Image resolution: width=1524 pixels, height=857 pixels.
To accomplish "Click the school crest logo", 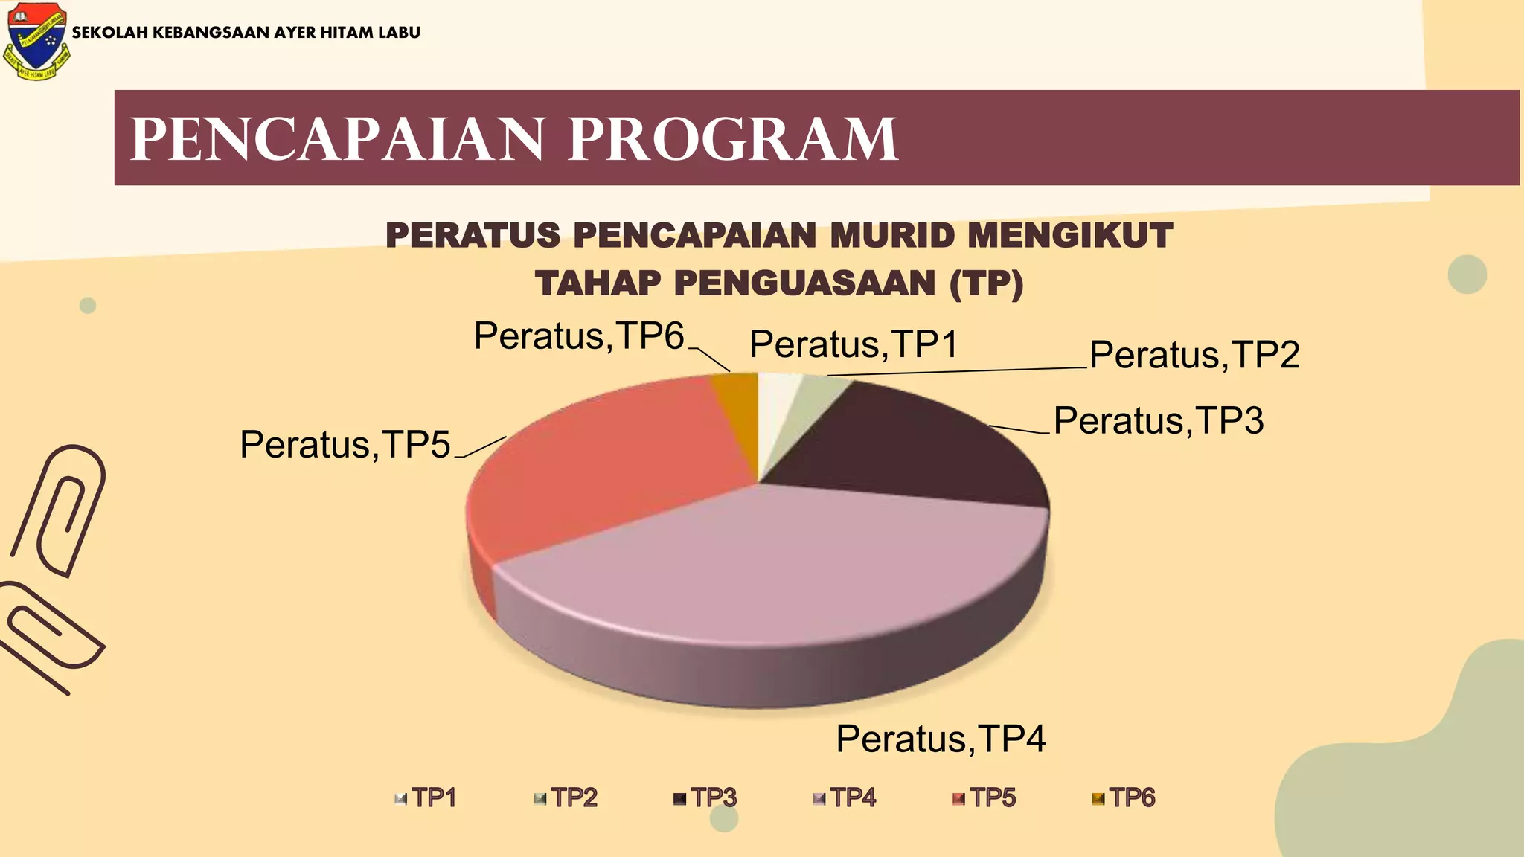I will (36, 41).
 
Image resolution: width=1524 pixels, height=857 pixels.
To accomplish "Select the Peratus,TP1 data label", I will (854, 344).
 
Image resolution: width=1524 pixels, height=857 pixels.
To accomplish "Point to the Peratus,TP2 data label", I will (1194, 355).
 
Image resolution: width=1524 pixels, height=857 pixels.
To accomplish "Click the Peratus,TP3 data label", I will (1159, 421).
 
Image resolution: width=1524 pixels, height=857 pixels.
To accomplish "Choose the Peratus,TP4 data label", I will (941, 739).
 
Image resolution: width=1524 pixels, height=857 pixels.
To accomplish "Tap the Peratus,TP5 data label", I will (345, 445).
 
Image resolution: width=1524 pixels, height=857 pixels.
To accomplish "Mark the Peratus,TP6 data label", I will (579, 336).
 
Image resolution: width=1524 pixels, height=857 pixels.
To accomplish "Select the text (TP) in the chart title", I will (986, 283).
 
